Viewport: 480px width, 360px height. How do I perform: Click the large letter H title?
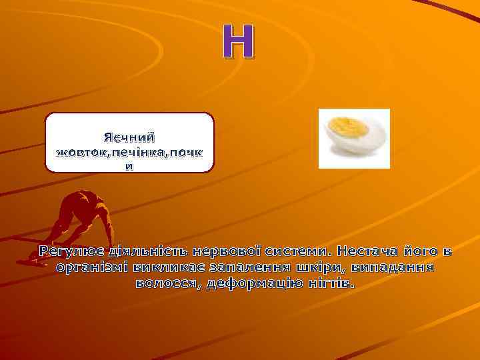pyautogui.click(x=238, y=41)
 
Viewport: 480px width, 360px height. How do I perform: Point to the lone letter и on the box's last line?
pyautogui.click(x=130, y=166)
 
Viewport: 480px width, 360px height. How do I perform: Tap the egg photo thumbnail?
pyautogui.click(x=354, y=139)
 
